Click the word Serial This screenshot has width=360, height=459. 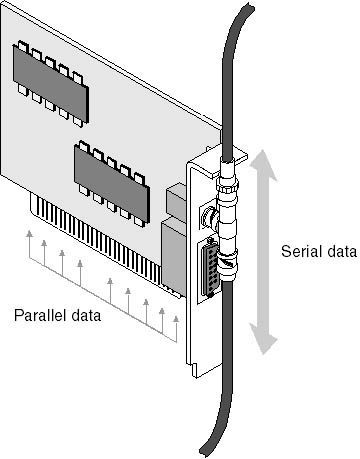300,251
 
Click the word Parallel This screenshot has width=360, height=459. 40,315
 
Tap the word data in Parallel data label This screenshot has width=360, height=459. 85,315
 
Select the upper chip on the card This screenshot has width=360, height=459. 51,83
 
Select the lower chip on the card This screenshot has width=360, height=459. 112,183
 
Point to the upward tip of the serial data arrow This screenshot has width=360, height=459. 263,151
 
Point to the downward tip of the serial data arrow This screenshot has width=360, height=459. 264,353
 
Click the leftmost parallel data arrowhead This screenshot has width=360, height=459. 30,233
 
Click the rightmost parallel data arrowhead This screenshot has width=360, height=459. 176,319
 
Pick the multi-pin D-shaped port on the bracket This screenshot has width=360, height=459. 209,268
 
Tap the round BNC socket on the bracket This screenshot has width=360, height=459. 209,217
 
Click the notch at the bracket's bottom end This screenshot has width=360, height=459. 193,371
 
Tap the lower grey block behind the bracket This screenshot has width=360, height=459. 173,257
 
